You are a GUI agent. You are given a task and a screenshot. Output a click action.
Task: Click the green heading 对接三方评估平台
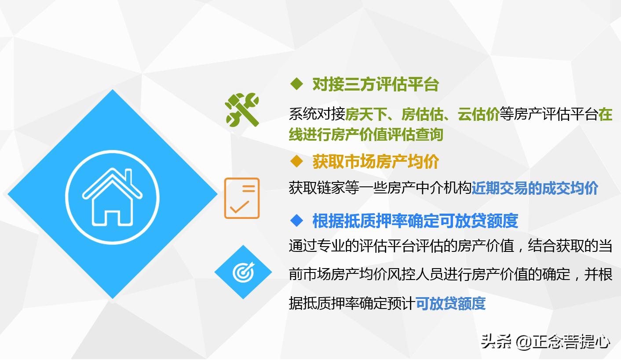click(376, 84)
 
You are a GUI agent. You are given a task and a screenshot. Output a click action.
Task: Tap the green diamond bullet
click(297, 84)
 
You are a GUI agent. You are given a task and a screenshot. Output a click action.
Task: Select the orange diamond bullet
click(297, 161)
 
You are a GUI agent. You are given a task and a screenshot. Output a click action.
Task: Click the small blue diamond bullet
click(297, 220)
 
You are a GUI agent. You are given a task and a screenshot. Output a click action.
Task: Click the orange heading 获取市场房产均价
click(376, 162)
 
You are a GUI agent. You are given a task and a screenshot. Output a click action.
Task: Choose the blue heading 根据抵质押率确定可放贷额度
click(415, 221)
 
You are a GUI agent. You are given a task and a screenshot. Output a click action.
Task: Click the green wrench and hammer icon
click(242, 110)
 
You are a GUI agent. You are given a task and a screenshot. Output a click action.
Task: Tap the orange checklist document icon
click(242, 198)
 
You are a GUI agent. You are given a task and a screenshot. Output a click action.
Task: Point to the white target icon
click(243, 273)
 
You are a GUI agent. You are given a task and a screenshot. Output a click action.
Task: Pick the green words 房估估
click(422, 114)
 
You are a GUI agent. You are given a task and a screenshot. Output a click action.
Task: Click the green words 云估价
click(478, 114)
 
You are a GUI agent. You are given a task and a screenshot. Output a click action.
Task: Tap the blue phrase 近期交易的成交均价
click(535, 188)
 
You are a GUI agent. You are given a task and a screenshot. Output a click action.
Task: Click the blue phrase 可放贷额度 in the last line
click(450, 303)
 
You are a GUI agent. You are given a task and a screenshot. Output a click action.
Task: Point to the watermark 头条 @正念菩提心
click(545, 342)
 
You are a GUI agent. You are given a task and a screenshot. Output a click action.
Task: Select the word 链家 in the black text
click(331, 188)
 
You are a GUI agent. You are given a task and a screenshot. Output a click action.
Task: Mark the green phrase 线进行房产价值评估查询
click(366, 135)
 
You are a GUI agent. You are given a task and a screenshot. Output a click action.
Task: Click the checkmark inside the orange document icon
click(239, 207)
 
